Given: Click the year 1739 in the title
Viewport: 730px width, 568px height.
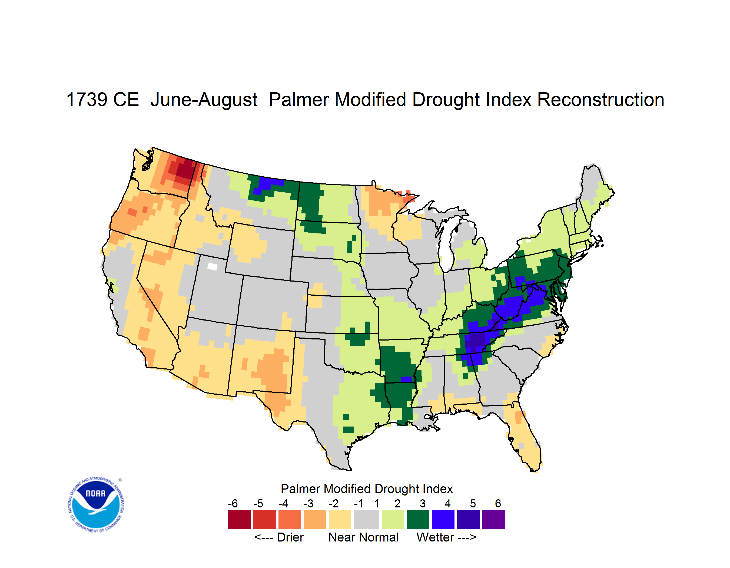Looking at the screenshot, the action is (x=87, y=100).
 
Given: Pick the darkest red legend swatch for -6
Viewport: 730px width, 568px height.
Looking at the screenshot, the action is (x=239, y=519).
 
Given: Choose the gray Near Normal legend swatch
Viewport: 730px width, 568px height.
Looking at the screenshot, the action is (x=366, y=519).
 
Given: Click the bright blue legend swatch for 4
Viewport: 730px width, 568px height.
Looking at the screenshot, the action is (x=443, y=519).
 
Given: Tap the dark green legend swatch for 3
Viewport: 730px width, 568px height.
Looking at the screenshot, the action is (x=418, y=519).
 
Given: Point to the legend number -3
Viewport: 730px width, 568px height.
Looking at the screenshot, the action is (x=308, y=503).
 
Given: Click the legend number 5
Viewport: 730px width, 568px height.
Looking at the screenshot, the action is (x=473, y=503).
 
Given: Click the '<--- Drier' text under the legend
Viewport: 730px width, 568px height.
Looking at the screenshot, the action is (x=279, y=537).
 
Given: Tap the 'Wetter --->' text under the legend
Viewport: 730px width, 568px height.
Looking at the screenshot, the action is (x=446, y=537).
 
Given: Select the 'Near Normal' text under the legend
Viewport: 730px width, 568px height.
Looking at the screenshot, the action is (x=363, y=537).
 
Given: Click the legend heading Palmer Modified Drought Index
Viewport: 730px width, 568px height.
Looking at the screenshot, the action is (x=367, y=489).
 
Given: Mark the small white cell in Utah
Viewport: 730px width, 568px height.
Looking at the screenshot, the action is (x=212, y=266).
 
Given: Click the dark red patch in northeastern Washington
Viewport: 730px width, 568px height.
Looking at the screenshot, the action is (x=185, y=169).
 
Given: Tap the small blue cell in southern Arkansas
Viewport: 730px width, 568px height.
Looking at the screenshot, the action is (x=406, y=379).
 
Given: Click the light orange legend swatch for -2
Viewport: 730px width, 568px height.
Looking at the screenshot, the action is (x=340, y=519).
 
